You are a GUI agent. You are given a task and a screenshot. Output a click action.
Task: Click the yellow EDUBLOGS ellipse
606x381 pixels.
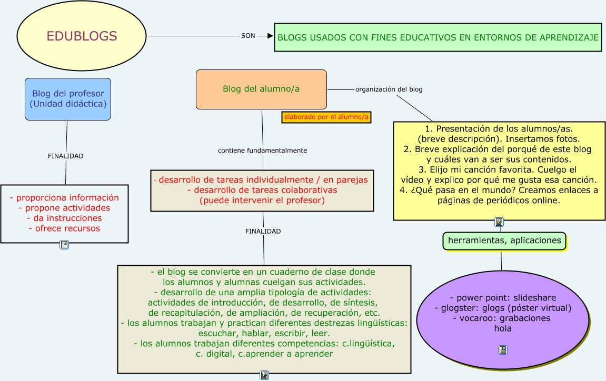click(82, 36)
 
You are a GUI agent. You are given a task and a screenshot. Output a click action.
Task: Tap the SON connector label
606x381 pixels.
click(248, 36)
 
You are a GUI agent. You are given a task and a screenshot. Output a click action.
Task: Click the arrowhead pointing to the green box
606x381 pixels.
click(270, 36)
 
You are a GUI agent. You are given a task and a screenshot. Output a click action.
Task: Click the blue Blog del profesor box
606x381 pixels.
click(68, 99)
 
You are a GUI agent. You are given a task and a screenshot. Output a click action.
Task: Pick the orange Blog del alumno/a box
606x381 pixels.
click(261, 89)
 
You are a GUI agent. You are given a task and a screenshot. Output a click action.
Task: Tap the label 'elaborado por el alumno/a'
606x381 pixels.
click(326, 117)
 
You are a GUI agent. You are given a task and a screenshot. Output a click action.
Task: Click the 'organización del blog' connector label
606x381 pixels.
click(389, 89)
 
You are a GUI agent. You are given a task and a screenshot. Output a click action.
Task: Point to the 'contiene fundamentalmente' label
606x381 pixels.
click(262, 151)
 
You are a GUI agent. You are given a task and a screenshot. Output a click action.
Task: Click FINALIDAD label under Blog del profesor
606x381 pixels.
click(66, 156)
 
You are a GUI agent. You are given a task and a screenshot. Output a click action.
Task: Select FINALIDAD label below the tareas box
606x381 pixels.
click(263, 231)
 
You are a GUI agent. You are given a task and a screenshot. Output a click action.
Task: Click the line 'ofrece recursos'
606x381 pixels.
click(64, 228)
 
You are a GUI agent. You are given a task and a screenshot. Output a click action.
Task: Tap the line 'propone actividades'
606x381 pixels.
click(64, 208)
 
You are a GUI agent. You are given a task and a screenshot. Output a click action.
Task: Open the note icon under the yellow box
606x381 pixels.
click(499, 222)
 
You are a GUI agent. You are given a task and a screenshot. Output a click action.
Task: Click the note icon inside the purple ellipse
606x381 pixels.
click(503, 350)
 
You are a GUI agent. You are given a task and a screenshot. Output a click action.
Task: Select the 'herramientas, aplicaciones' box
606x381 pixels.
click(504, 240)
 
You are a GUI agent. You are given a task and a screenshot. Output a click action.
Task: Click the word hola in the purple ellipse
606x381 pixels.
click(503, 328)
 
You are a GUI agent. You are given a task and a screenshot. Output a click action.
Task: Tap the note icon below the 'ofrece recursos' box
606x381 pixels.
click(64, 245)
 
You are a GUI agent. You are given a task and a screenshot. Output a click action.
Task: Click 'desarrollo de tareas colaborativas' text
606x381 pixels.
click(262, 190)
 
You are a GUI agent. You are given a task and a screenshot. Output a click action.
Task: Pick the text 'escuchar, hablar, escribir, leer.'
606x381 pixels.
click(264, 334)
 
